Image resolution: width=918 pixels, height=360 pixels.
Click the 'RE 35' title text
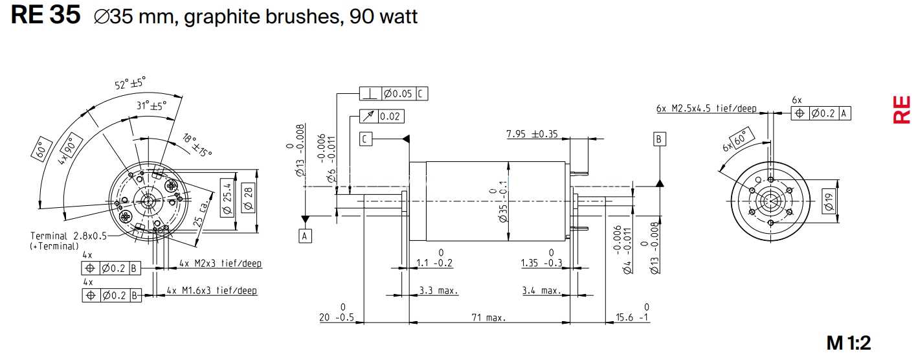tap(45, 15)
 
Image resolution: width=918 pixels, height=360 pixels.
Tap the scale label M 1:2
tap(848, 343)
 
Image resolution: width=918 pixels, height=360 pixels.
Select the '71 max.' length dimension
tap(489, 317)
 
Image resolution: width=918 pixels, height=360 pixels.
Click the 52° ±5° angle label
tap(130, 84)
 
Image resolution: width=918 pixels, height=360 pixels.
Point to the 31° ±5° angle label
tap(151, 106)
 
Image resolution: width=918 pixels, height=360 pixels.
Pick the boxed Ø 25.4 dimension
tap(227, 198)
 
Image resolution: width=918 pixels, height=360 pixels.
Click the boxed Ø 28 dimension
tap(249, 197)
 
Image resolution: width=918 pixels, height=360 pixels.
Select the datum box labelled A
tap(304, 236)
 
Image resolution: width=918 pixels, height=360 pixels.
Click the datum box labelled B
tap(659, 139)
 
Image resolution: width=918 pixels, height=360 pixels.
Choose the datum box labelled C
tap(366, 139)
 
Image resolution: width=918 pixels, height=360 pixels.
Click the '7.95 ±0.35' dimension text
tap(532, 134)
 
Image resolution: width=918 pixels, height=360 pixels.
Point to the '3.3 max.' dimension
tap(438, 291)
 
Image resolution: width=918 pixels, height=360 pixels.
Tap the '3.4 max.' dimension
tap(541, 291)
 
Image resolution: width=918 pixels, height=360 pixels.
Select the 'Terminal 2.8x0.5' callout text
tap(69, 236)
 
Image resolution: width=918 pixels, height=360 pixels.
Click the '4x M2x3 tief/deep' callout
tap(220, 264)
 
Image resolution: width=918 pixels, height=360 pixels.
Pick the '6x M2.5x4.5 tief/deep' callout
tap(706, 108)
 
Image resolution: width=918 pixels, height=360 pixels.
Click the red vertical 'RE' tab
tap(902, 109)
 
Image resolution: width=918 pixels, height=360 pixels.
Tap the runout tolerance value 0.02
tap(390, 117)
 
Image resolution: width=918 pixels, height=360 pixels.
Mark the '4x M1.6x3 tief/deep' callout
tap(212, 290)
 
